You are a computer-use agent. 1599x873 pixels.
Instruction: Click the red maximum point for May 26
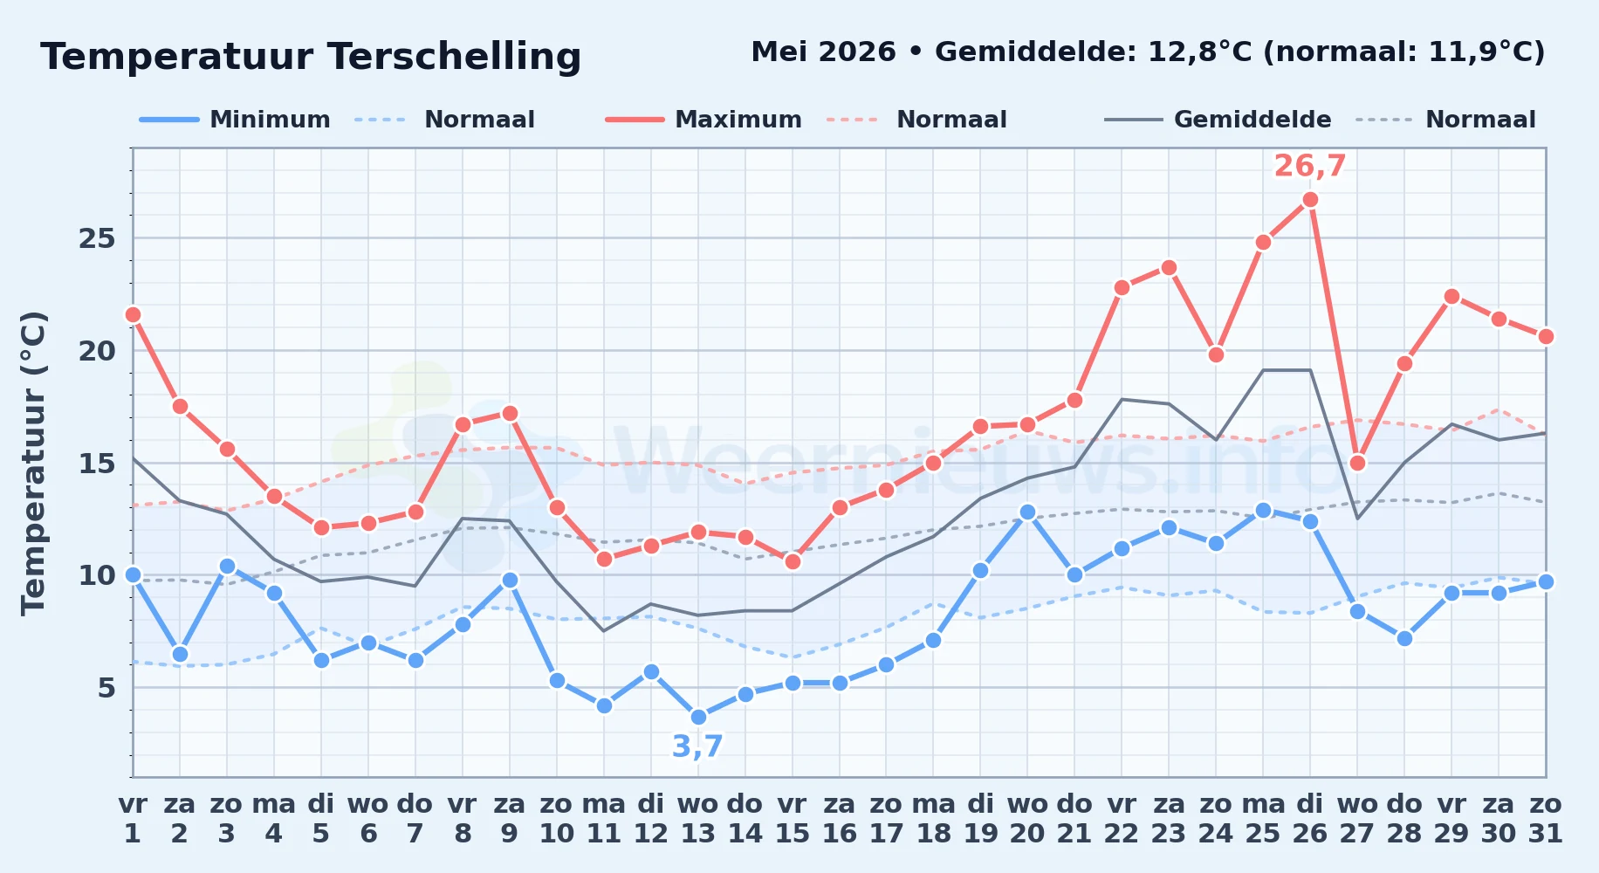tap(1310, 200)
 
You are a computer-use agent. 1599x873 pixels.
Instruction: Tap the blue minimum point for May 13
tap(698, 718)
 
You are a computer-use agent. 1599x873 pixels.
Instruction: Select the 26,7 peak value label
tap(1310, 166)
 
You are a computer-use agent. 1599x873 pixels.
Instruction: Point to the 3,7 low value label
tap(698, 746)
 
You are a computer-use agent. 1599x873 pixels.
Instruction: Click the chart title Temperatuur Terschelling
tap(311, 57)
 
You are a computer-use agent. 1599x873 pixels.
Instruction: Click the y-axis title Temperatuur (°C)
tap(33, 463)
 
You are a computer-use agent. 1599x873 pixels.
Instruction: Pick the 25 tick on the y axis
tap(97, 238)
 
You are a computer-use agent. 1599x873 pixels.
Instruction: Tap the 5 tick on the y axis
tap(106, 688)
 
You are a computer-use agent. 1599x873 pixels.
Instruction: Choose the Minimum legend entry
tap(235, 120)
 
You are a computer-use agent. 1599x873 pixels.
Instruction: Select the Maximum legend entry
tap(703, 120)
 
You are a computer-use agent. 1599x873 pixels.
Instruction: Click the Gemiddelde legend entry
tap(1218, 120)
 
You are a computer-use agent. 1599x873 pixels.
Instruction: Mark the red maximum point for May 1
tap(133, 314)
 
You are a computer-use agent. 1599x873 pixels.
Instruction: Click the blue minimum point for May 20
tap(1027, 512)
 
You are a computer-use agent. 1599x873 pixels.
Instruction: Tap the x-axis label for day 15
tap(793, 819)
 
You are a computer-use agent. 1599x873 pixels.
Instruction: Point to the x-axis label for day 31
tap(1546, 819)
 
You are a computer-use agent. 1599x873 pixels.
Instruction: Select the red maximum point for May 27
tap(1357, 463)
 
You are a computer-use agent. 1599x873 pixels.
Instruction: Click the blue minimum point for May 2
tap(180, 654)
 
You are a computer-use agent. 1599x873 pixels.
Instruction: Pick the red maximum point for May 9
tap(510, 413)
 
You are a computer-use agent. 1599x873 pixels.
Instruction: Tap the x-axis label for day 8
tap(463, 819)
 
